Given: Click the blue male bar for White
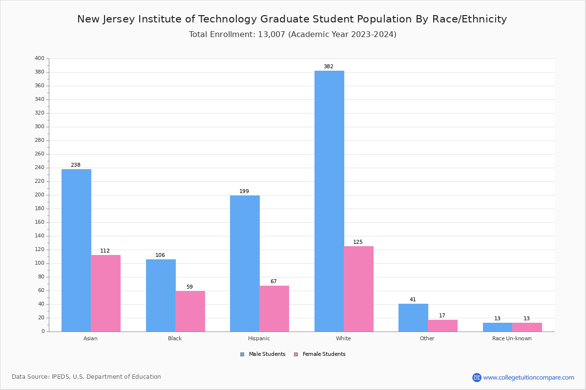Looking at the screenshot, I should coord(329,201).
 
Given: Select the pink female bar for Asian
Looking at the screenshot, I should coord(105,293).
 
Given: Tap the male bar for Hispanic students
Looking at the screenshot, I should coord(245,263).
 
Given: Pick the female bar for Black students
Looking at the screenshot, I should coord(190,311).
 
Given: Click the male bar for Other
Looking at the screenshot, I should coord(413,317).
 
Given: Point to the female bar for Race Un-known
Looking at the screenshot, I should coord(527,327).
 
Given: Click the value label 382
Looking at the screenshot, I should coord(328,67).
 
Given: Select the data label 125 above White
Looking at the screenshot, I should coord(358,242).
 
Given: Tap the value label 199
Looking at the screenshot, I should coord(244,192).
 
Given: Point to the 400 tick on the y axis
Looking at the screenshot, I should coord(40,58).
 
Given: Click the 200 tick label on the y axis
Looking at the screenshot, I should coord(40,195).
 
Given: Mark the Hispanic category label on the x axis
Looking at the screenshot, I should coord(259,338).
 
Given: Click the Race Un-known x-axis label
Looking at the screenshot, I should coord(512,338).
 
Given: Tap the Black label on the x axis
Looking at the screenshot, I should coord(175,338).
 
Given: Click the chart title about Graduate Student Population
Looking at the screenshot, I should coord(292,19).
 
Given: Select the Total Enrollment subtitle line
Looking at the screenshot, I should coord(293,35).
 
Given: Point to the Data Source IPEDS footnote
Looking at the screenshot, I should coord(86,377).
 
